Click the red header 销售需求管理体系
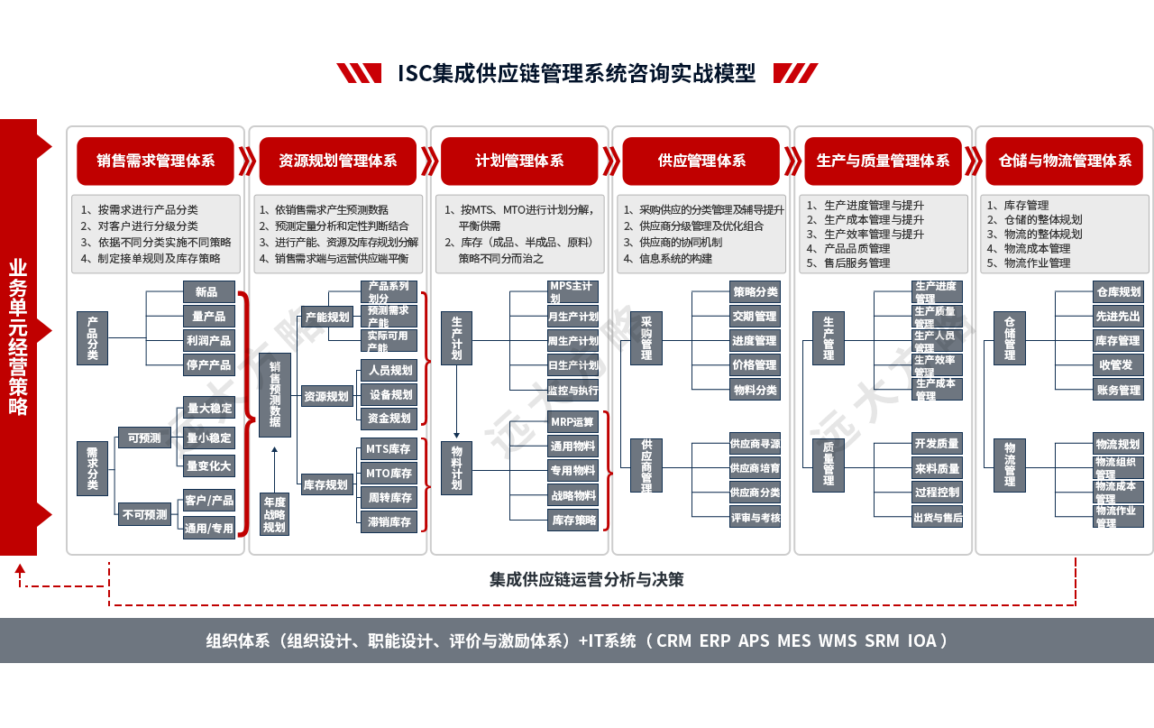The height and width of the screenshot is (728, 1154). [155, 161]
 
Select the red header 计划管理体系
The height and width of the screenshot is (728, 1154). [519, 161]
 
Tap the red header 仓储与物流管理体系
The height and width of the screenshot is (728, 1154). [1064, 161]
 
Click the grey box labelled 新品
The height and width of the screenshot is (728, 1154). [209, 291]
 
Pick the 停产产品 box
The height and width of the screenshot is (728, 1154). [209, 365]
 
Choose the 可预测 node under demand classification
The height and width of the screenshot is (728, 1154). [144, 438]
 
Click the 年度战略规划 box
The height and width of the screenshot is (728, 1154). [274, 514]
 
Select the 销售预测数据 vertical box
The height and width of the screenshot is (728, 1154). [274, 395]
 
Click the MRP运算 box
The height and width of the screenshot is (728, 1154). [572, 421]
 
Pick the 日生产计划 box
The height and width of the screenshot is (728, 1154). [572, 365]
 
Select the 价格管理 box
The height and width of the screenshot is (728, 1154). [755, 365]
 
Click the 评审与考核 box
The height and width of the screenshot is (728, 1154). [755, 518]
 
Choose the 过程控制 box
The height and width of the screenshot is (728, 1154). [937, 492]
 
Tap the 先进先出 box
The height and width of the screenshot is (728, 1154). [1119, 317]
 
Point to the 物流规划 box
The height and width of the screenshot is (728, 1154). [1119, 444]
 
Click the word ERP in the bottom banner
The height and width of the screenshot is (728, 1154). [714, 640]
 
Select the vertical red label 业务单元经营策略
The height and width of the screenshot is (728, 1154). [18, 337]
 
